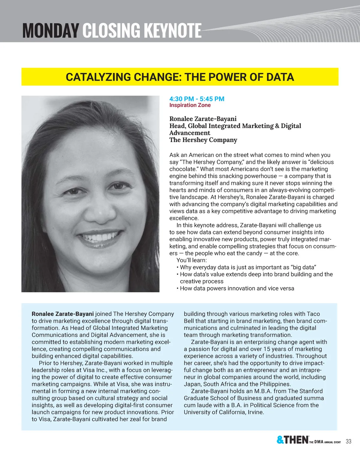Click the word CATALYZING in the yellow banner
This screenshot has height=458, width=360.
tap(98, 77)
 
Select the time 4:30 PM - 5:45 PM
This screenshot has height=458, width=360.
tap(196, 99)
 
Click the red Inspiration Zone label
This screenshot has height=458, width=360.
tap(190, 105)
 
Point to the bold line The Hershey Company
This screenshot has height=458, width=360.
tap(203, 140)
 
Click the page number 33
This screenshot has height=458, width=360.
tap(348, 441)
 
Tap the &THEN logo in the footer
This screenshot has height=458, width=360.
tap(292, 440)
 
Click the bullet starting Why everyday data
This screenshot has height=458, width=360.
tap(248, 267)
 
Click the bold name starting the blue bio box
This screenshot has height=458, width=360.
tap(63, 314)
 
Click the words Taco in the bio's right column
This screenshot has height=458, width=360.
tap(313, 314)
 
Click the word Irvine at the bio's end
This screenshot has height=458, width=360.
tap(255, 412)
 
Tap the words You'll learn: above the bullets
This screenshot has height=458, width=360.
tap(191, 260)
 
